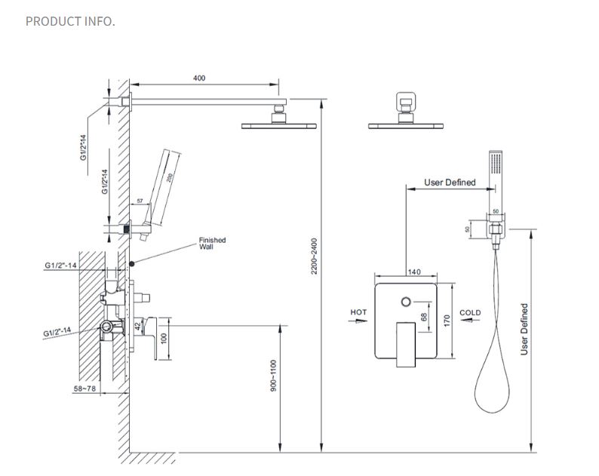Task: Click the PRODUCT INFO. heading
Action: pos(70,20)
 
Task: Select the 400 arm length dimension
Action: pos(199,78)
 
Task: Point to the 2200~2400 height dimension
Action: pos(315,257)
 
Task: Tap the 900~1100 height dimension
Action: pos(275,374)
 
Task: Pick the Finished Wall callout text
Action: pos(212,243)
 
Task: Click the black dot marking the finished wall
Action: pos(132,263)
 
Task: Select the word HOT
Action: pos(359,312)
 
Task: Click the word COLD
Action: pos(470,312)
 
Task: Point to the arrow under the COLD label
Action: pos(470,320)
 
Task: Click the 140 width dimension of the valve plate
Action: pos(413,272)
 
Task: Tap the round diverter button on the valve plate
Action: pos(408,302)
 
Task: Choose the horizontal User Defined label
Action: pos(450,183)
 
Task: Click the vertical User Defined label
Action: pos(524,329)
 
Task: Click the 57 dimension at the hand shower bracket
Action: pos(139,202)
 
